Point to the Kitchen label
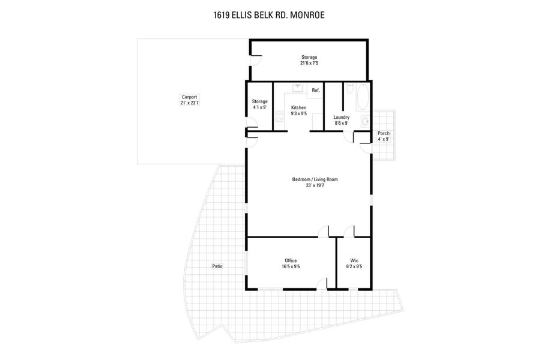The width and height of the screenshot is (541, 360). (298, 108)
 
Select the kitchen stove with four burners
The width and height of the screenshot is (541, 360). (279, 116)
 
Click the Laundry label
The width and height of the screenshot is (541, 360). (341, 118)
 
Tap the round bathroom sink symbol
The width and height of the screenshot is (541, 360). (365, 121)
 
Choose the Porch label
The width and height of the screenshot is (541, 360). (383, 133)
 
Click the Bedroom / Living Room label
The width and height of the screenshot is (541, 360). (310, 179)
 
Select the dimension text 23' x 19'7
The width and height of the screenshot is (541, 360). (310, 185)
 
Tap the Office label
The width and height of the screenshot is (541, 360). (291, 260)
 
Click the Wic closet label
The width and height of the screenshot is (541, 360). (354, 260)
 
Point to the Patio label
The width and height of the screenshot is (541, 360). (217, 266)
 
